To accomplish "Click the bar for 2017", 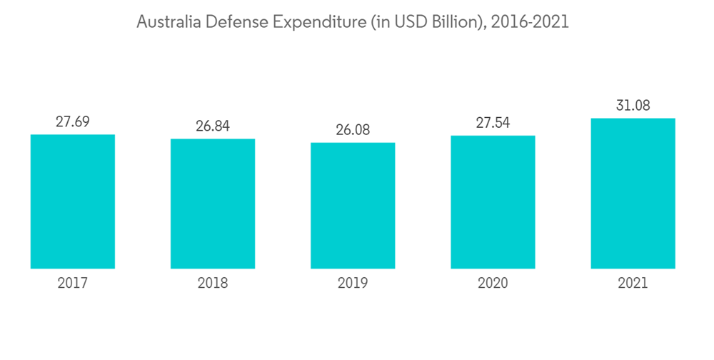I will [x=73, y=201].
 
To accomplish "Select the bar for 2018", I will [x=213, y=204].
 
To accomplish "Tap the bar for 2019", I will [x=353, y=206].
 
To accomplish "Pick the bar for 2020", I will [x=493, y=202].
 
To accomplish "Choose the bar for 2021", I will [x=633, y=194].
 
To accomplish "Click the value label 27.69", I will [x=73, y=121].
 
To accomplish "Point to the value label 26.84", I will [x=213, y=126].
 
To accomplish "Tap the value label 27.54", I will [x=493, y=122].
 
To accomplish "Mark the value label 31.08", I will [x=633, y=106].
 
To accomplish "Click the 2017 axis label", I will [x=73, y=284].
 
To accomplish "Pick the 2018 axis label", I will [x=213, y=284].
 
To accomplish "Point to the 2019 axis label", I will [x=353, y=284].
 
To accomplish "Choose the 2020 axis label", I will [x=493, y=284].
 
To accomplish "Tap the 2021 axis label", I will [x=633, y=284].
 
